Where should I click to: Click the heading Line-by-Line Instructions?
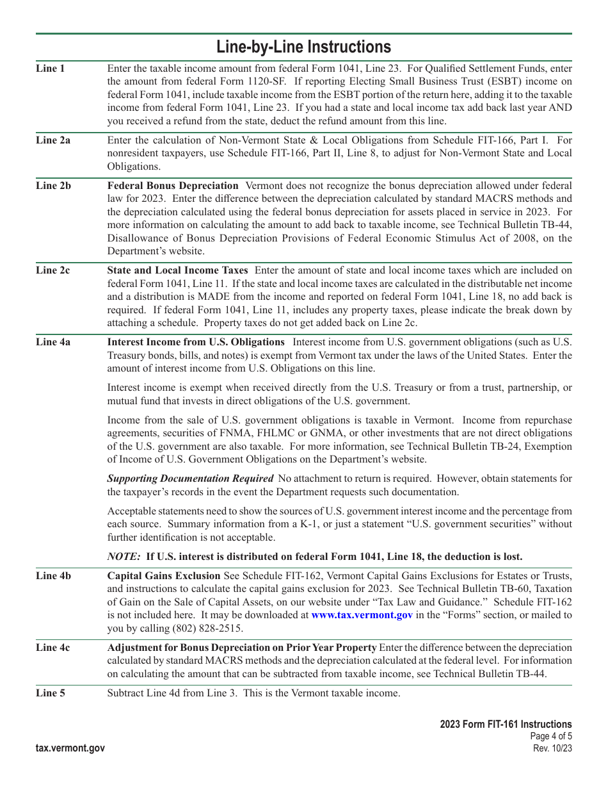303,47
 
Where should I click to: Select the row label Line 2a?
53,140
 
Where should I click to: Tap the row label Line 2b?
53,186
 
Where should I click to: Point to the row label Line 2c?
53,270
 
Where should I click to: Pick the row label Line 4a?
53,342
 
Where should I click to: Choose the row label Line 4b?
53,576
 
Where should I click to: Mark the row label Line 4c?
53,648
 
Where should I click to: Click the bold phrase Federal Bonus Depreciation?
173,186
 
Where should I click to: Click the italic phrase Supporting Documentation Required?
190,479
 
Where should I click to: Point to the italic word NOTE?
124,557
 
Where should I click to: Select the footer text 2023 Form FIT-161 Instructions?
506,725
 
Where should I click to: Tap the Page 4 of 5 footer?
551,737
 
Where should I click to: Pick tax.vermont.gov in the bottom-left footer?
70,748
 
